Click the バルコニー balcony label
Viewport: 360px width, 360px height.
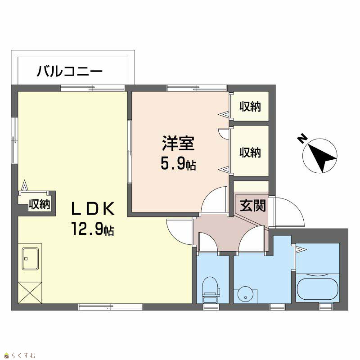(x=69, y=71)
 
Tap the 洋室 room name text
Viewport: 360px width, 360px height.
(x=178, y=143)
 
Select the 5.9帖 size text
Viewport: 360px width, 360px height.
(x=178, y=164)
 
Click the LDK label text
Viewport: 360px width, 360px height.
(x=93, y=208)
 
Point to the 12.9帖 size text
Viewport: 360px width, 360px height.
(x=93, y=229)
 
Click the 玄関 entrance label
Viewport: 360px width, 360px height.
(x=253, y=205)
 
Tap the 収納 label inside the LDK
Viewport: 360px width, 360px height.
(x=39, y=204)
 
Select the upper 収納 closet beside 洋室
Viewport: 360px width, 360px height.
(x=250, y=107)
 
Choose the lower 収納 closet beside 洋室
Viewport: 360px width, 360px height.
(x=250, y=151)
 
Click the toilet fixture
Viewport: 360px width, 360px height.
(x=210, y=290)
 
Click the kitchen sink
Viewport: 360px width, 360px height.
(x=30, y=258)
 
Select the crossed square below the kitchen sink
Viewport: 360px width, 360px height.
(x=30, y=292)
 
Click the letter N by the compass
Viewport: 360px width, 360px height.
(x=302, y=139)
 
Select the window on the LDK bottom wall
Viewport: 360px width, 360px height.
(x=111, y=307)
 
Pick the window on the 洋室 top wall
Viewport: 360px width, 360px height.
(x=197, y=88)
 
